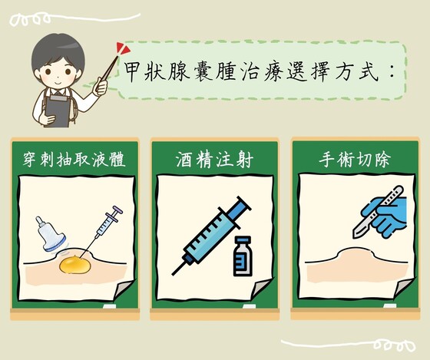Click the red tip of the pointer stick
pos(122,49)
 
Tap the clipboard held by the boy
pos(58,111)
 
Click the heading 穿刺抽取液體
pos(74,160)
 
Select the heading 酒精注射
pos(214,160)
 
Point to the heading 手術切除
pos(354,160)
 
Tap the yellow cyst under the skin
pos(74,264)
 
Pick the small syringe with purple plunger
pos(107,223)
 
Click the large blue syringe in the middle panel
pos(211,235)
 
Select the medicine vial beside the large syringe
pos(243,256)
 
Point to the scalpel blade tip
pos(355,236)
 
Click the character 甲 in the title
pos(134,72)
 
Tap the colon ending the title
pos(392,73)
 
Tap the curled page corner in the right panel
pos(404,287)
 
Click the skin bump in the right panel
pos(356,255)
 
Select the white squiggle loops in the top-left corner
pos(30,20)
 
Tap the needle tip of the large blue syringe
pos(173,274)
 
